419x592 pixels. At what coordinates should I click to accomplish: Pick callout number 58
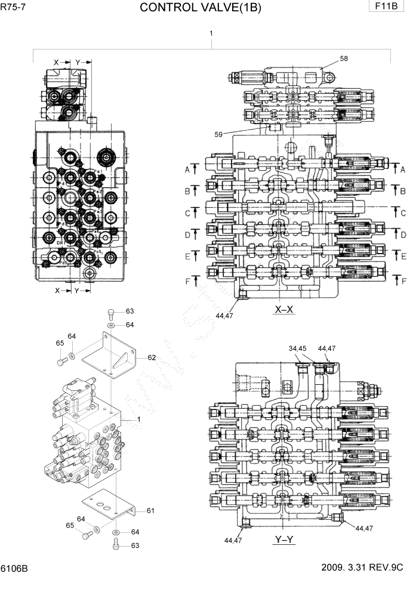(344, 58)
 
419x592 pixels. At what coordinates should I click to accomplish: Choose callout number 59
(218, 134)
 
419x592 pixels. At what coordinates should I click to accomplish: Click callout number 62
(151, 357)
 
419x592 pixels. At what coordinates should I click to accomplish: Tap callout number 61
(150, 510)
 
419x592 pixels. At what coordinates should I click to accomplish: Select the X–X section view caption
(284, 309)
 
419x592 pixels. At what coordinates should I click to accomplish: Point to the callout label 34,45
(297, 348)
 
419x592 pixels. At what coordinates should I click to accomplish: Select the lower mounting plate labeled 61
(107, 508)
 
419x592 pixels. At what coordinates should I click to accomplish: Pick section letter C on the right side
(403, 213)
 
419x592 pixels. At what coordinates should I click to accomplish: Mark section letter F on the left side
(187, 281)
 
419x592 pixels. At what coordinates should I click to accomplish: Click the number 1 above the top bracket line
(211, 35)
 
